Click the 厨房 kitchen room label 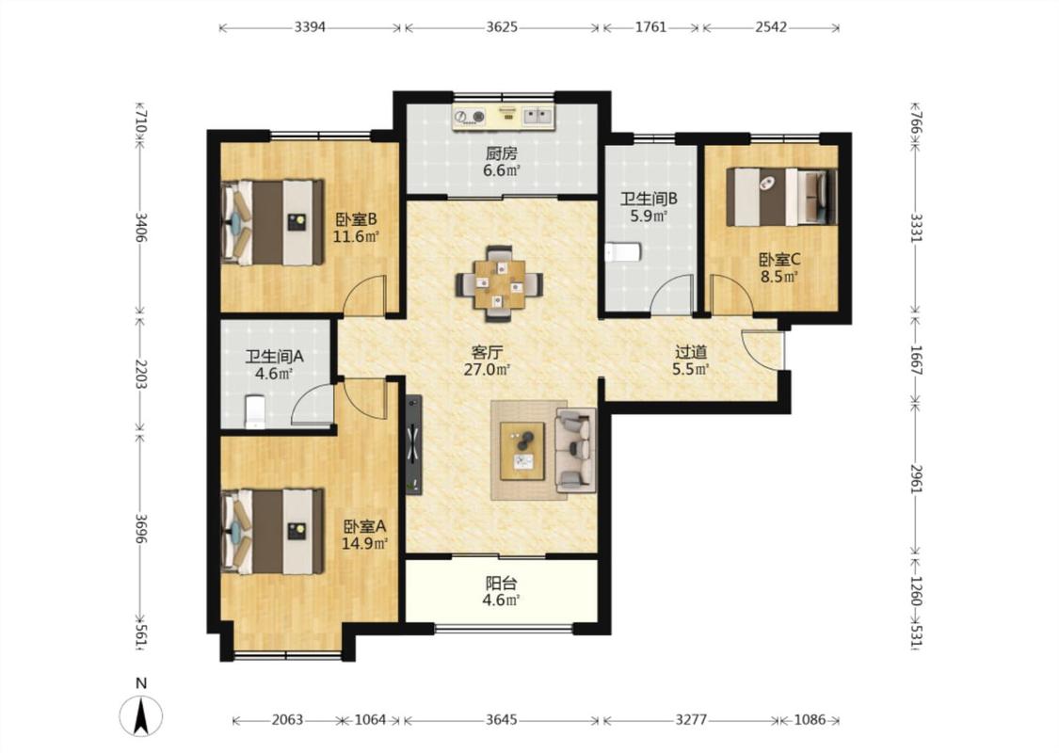click(x=501, y=153)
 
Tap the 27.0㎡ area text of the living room click(x=487, y=369)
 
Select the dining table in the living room click(x=500, y=282)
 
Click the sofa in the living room click(x=575, y=449)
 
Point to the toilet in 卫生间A click(x=254, y=412)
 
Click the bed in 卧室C click(x=781, y=197)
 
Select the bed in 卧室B click(x=273, y=222)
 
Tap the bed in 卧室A click(x=273, y=531)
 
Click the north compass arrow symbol click(x=141, y=716)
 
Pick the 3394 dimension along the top click(x=310, y=27)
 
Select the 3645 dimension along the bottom click(x=502, y=720)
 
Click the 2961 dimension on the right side click(x=916, y=478)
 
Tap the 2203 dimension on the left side click(x=141, y=374)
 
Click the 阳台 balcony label click(x=501, y=583)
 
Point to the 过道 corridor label click(x=691, y=352)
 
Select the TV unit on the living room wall click(x=414, y=445)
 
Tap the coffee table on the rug click(x=522, y=451)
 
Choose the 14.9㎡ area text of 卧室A click(x=364, y=544)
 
